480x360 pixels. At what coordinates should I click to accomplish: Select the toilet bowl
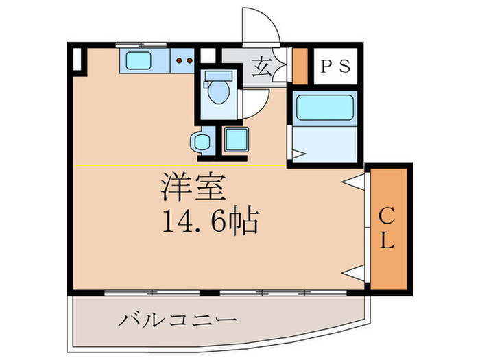pyautogui.click(x=219, y=93)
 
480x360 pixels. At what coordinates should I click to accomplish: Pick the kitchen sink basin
pyautogui.click(x=140, y=61)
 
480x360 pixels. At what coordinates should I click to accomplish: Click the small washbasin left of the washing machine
pyautogui.click(x=202, y=142)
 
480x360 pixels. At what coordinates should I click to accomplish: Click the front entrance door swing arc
pyautogui.click(x=263, y=26)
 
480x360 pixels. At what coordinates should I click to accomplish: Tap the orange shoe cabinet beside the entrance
pyautogui.click(x=300, y=65)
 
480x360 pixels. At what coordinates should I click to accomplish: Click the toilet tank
pyautogui.click(x=219, y=75)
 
